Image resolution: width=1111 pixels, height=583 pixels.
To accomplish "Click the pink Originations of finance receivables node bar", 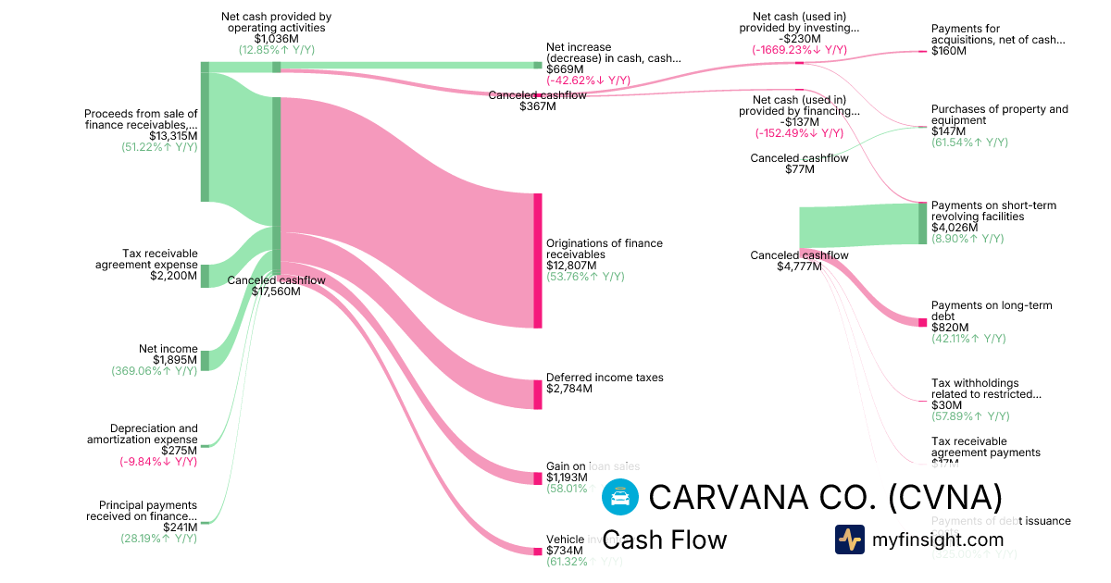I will point(537,260).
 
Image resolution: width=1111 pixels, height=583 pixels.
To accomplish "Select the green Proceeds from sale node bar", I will point(205,137).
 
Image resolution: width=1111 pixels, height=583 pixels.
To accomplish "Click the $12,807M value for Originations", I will point(565,266).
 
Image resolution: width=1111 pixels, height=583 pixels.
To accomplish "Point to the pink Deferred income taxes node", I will point(537,394).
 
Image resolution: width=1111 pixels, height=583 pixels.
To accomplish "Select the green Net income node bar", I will point(205,360).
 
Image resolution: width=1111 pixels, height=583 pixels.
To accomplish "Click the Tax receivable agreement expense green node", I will point(205,276).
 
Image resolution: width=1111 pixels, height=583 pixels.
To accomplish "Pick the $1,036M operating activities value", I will point(276,39).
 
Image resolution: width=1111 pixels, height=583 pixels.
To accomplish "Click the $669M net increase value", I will point(565,69).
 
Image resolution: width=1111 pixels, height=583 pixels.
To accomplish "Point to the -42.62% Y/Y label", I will point(588,81).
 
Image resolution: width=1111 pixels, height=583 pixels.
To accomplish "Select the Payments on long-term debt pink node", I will point(922,322).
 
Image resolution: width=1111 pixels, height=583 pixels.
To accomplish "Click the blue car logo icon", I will point(619,497).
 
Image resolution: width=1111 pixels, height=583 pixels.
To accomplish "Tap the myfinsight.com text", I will point(938,540).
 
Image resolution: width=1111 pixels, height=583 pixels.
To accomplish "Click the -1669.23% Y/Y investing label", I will point(799,50).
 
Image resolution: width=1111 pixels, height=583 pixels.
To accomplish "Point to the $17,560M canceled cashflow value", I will point(276,291).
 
